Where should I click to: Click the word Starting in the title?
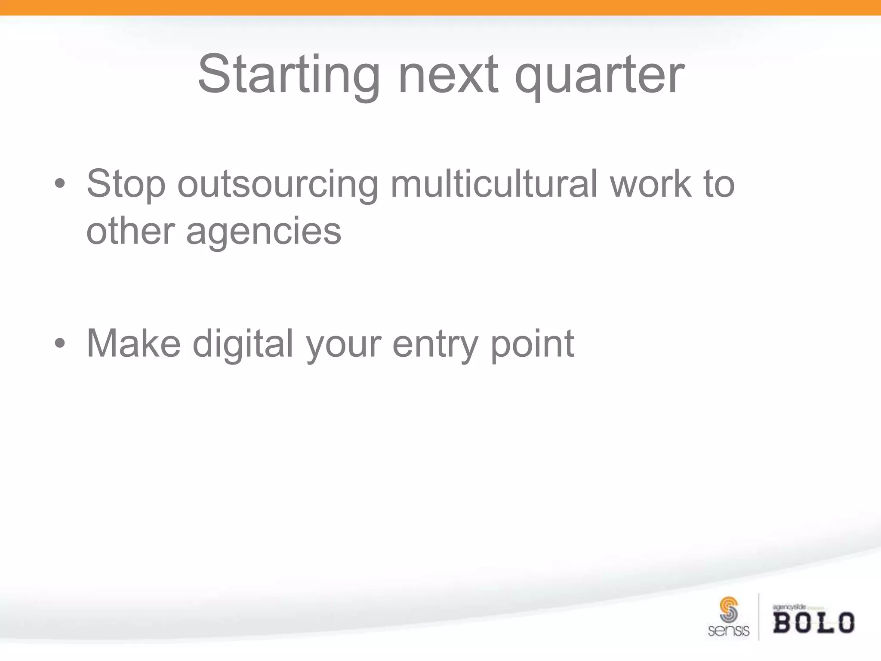click(289, 75)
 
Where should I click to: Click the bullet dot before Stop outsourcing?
click(60, 184)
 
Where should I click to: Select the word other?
click(130, 232)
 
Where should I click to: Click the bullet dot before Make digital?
click(60, 344)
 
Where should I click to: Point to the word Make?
click(133, 343)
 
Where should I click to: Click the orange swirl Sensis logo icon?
click(728, 609)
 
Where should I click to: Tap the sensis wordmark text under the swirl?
click(728, 631)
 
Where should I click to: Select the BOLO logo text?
click(813, 623)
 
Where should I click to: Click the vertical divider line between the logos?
click(759, 617)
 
